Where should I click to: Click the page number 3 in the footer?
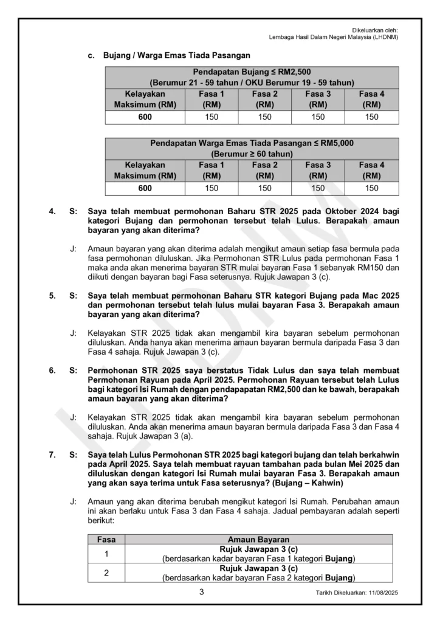coord(201,592)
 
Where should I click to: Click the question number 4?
coord(53,212)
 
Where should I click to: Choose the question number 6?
coord(53,370)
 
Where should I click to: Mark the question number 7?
coord(53,454)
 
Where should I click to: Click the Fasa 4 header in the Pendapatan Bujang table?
coord(372,99)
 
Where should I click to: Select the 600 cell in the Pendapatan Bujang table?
coord(145,117)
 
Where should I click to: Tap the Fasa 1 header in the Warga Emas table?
coord(211,170)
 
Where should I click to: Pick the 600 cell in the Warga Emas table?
coord(145,188)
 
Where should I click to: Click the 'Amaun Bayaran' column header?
coord(258,539)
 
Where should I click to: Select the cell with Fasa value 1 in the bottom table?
coord(106,554)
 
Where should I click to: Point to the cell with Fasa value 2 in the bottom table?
coord(106,573)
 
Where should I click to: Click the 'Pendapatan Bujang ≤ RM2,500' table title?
coord(252,72)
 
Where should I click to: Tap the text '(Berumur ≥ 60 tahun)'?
coord(252,153)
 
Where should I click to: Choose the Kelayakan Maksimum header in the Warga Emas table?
coord(145,170)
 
